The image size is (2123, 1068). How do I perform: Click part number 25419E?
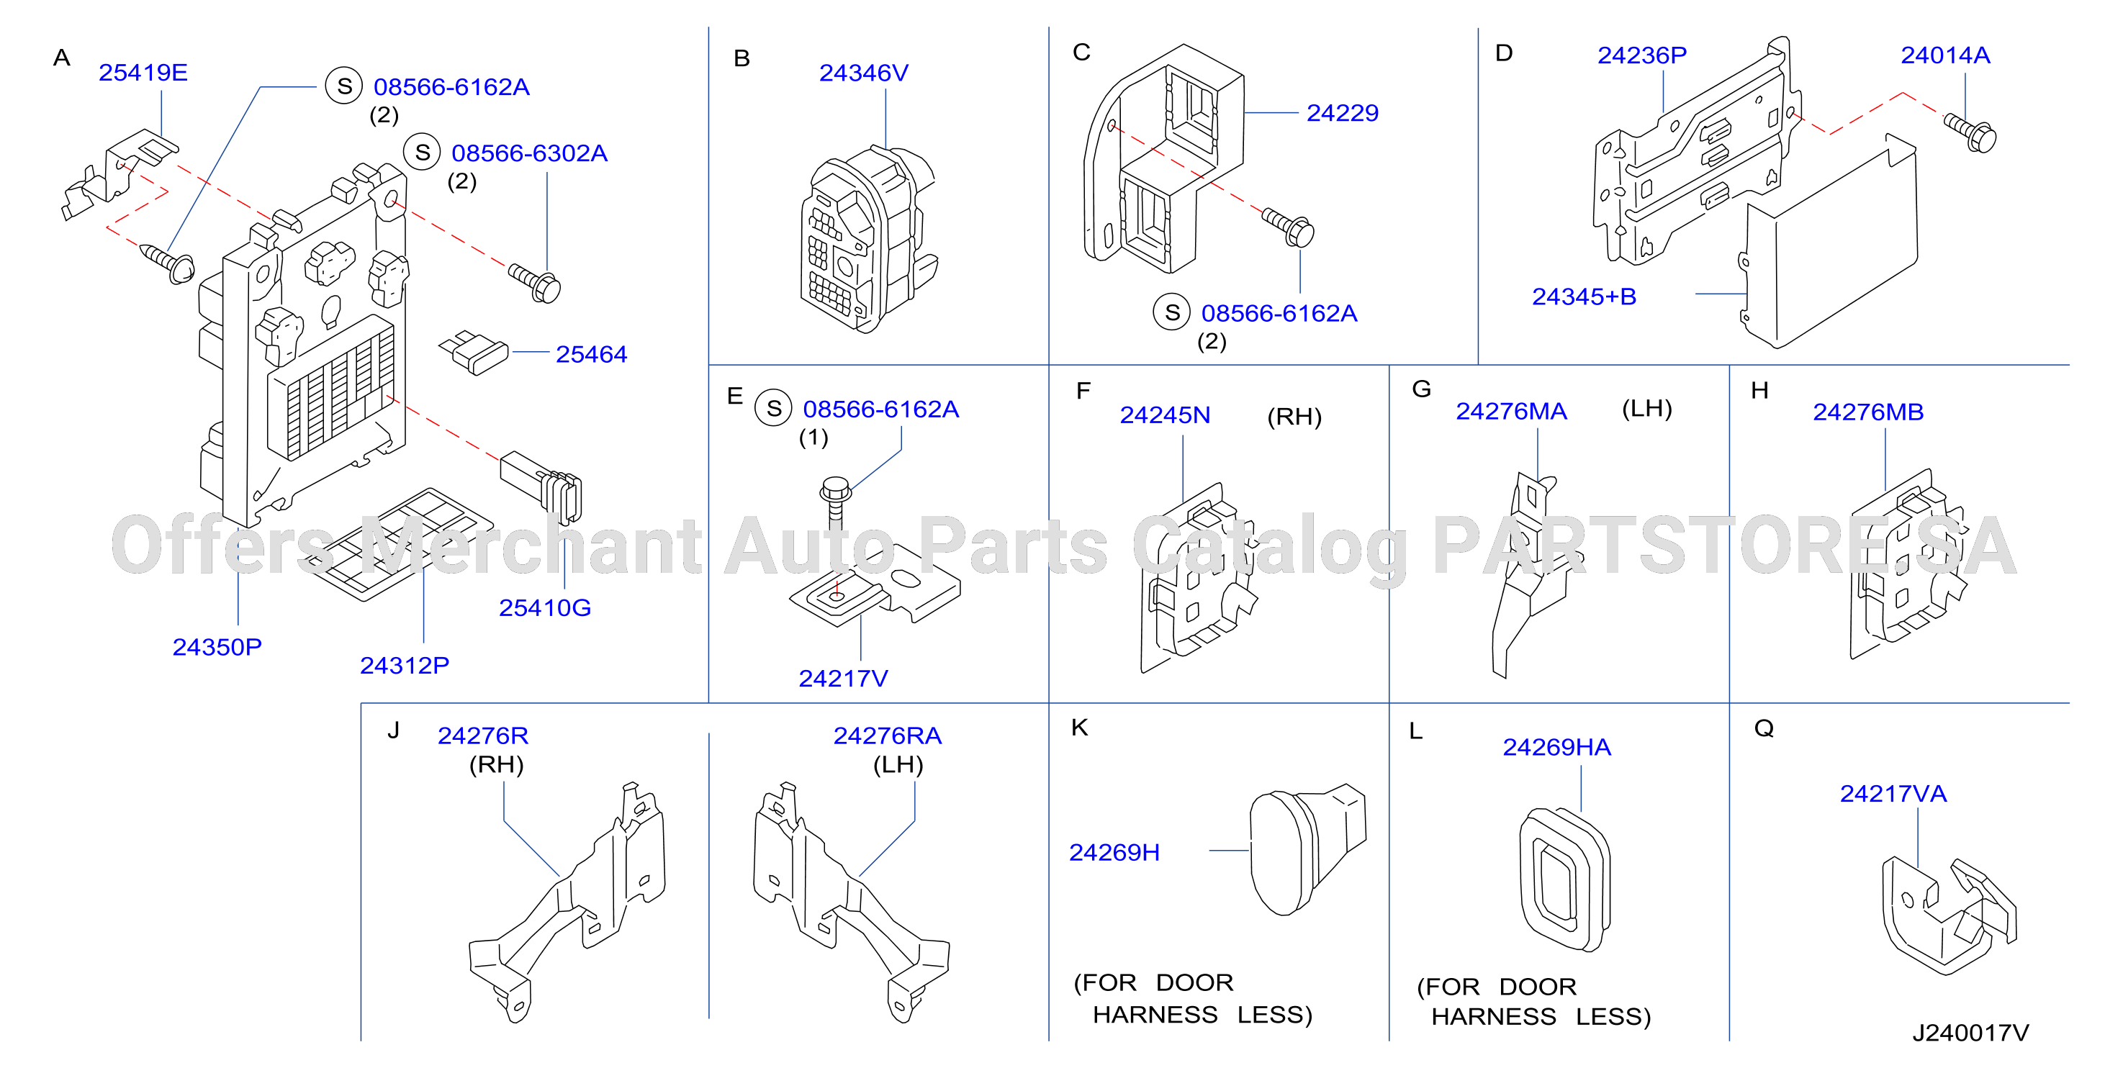(x=143, y=73)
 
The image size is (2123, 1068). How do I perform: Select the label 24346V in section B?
(x=863, y=73)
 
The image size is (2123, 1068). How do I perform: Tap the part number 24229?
(x=1342, y=113)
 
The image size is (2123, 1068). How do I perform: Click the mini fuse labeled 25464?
(x=474, y=353)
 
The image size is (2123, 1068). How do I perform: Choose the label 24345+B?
(x=1583, y=297)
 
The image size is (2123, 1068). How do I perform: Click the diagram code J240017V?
(x=1970, y=1033)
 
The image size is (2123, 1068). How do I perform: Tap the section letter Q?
(x=1764, y=728)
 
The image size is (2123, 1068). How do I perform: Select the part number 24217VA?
(x=1893, y=794)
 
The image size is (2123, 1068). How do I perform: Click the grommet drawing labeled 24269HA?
(x=1564, y=879)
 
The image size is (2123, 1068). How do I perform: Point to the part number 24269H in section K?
(x=1114, y=852)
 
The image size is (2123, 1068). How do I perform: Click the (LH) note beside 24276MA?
(x=1646, y=409)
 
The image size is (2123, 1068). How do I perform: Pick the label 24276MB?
(x=1867, y=412)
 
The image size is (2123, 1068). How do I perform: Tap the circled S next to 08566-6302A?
(x=422, y=153)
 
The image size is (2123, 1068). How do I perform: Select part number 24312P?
(x=404, y=665)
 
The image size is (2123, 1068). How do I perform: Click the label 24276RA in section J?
(x=887, y=735)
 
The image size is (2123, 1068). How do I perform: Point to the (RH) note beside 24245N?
(x=1294, y=417)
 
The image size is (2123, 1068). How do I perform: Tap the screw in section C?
(x=1288, y=227)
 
